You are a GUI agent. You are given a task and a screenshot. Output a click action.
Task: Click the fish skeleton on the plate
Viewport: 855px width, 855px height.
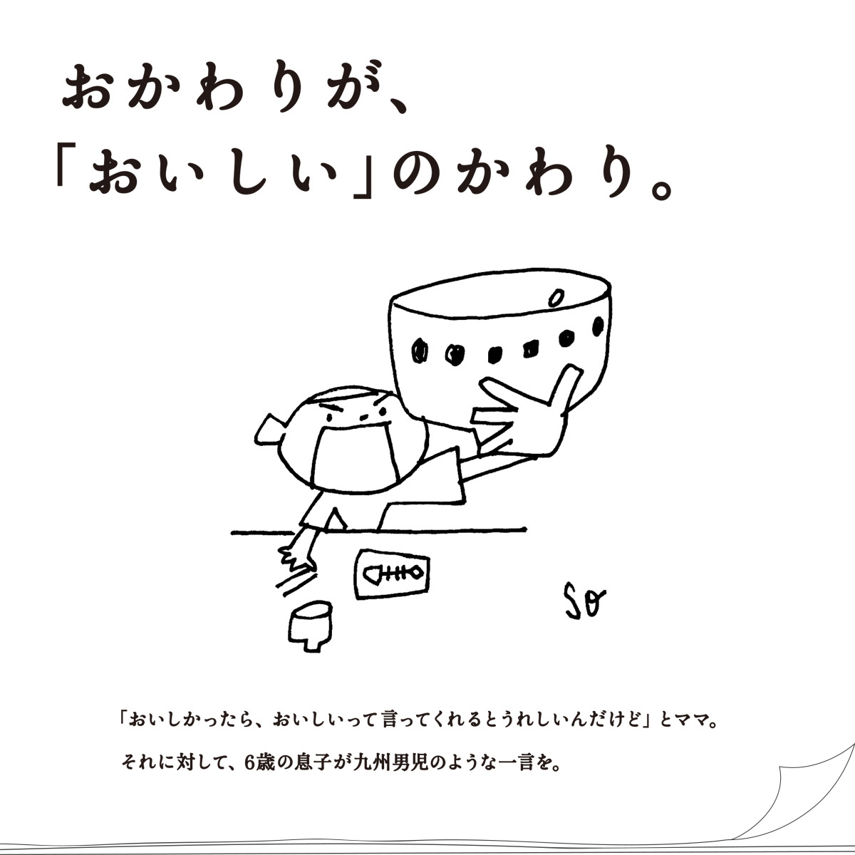click(x=394, y=572)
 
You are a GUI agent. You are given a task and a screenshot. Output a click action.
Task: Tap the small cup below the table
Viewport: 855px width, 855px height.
click(x=311, y=623)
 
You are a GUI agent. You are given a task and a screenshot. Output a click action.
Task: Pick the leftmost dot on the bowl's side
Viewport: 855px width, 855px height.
click(x=420, y=350)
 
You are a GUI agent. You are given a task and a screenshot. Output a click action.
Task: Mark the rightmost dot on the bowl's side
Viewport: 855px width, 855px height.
click(x=598, y=326)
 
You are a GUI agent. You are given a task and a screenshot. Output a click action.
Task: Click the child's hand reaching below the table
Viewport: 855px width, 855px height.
click(x=297, y=556)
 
